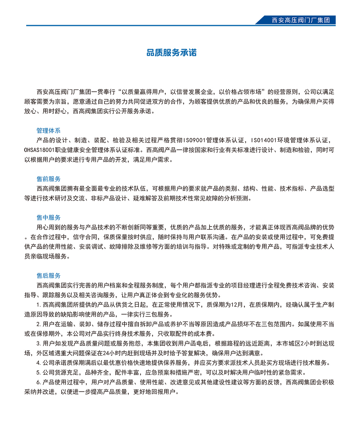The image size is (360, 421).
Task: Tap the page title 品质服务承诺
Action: [171, 53]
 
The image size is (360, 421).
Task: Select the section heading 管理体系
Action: [49, 130]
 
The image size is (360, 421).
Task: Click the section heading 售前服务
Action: [49, 179]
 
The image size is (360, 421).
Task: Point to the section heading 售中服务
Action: [49, 218]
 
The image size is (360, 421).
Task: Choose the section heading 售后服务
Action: [49, 276]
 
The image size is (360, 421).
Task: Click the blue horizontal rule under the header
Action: [144, 26]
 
